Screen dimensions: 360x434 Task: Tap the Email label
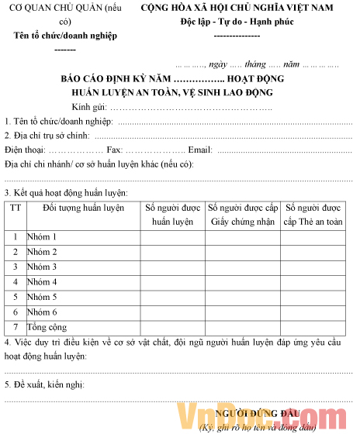[x=200, y=149]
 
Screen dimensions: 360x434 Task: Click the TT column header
[x=15, y=208]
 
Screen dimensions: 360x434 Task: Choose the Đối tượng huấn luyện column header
[x=83, y=208]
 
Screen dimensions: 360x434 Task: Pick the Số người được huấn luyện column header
[x=172, y=215]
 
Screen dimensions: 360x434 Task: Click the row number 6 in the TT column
[x=15, y=312]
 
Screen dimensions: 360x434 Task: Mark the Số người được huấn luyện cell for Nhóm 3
[x=172, y=267]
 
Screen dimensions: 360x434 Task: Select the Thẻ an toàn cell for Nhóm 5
[x=313, y=297]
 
